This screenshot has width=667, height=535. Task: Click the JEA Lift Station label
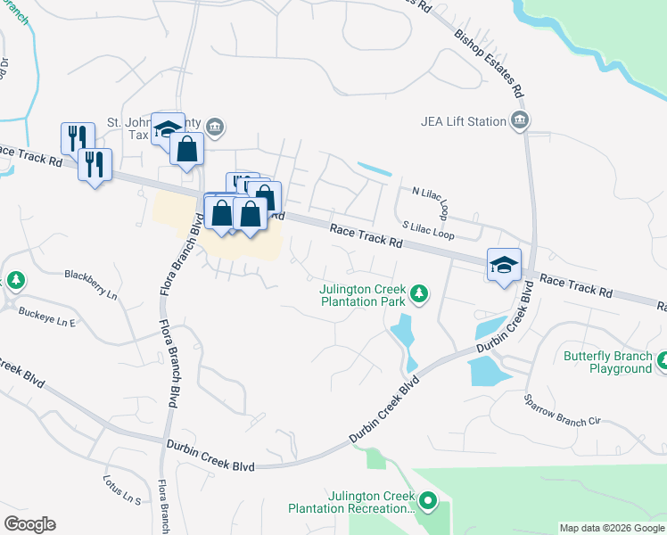tap(462, 121)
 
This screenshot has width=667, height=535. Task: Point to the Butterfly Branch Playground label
tap(607, 362)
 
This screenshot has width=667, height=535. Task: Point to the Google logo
tap(29, 524)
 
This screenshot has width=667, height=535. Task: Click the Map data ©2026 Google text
tap(612, 528)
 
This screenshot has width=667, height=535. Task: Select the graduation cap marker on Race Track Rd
tap(504, 265)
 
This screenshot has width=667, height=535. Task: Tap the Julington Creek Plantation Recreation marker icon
tap(428, 502)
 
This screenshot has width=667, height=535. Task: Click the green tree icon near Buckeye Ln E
tap(15, 281)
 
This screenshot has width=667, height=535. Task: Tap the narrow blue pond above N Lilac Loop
tap(374, 168)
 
